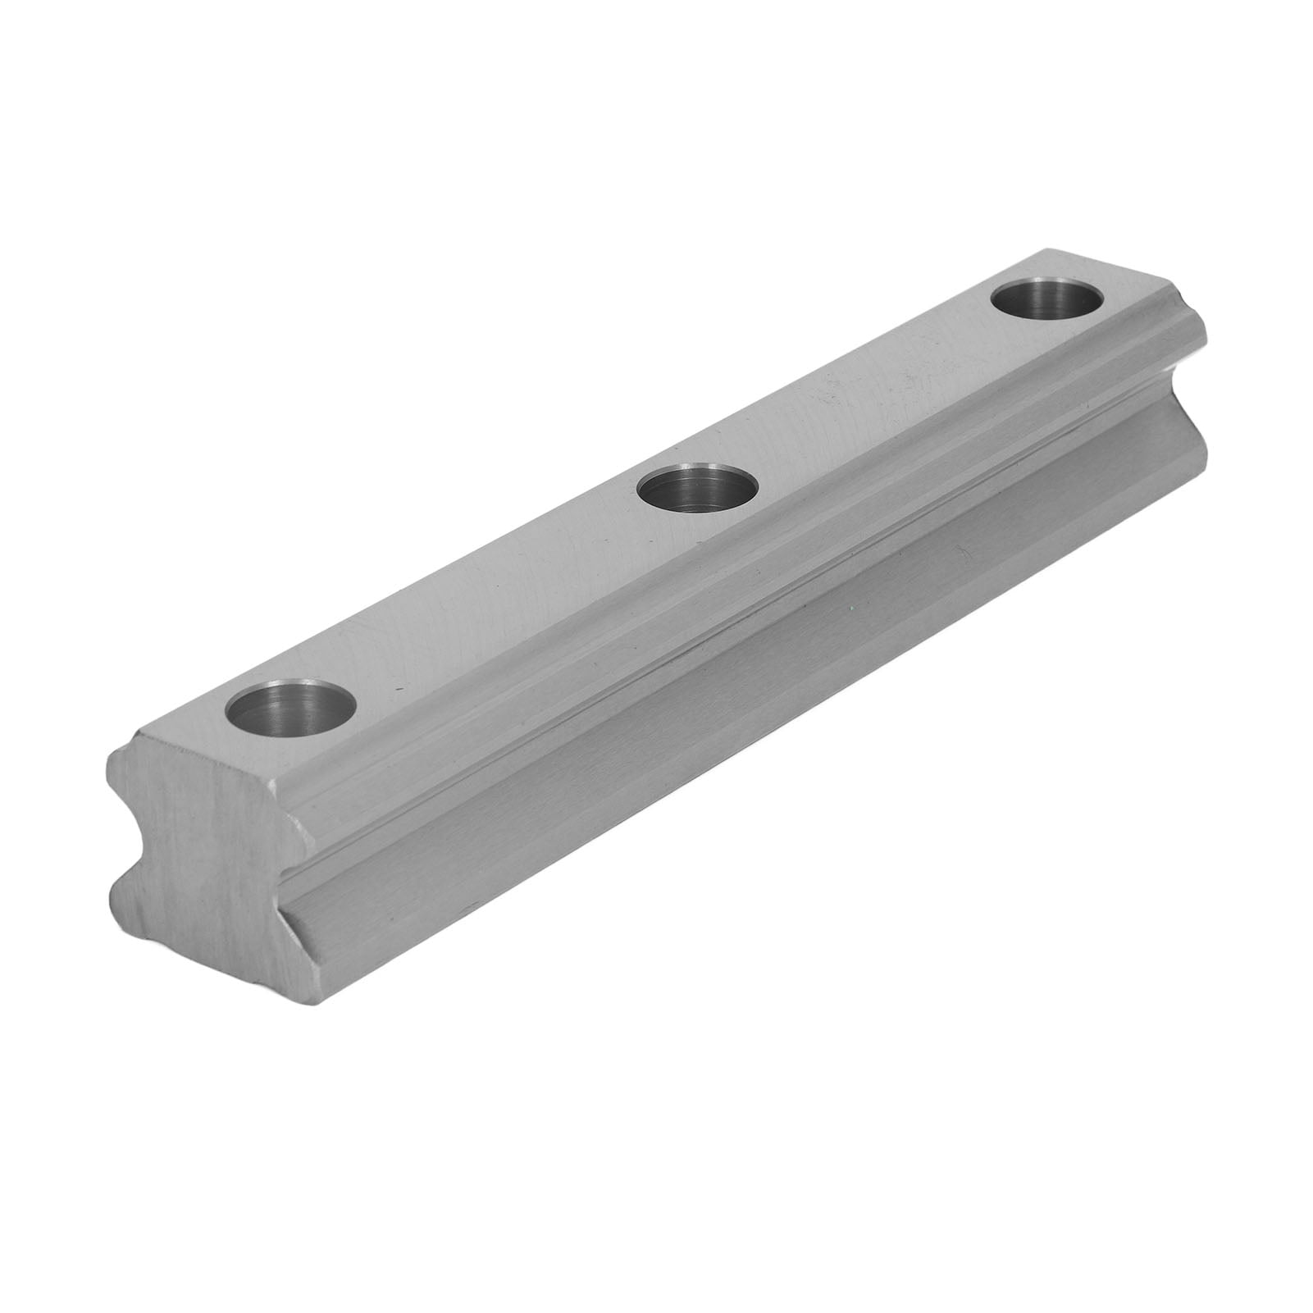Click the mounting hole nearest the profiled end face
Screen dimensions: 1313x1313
[294, 710]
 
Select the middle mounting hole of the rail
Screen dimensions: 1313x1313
[697, 494]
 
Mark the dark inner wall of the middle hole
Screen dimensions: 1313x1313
[697, 480]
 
